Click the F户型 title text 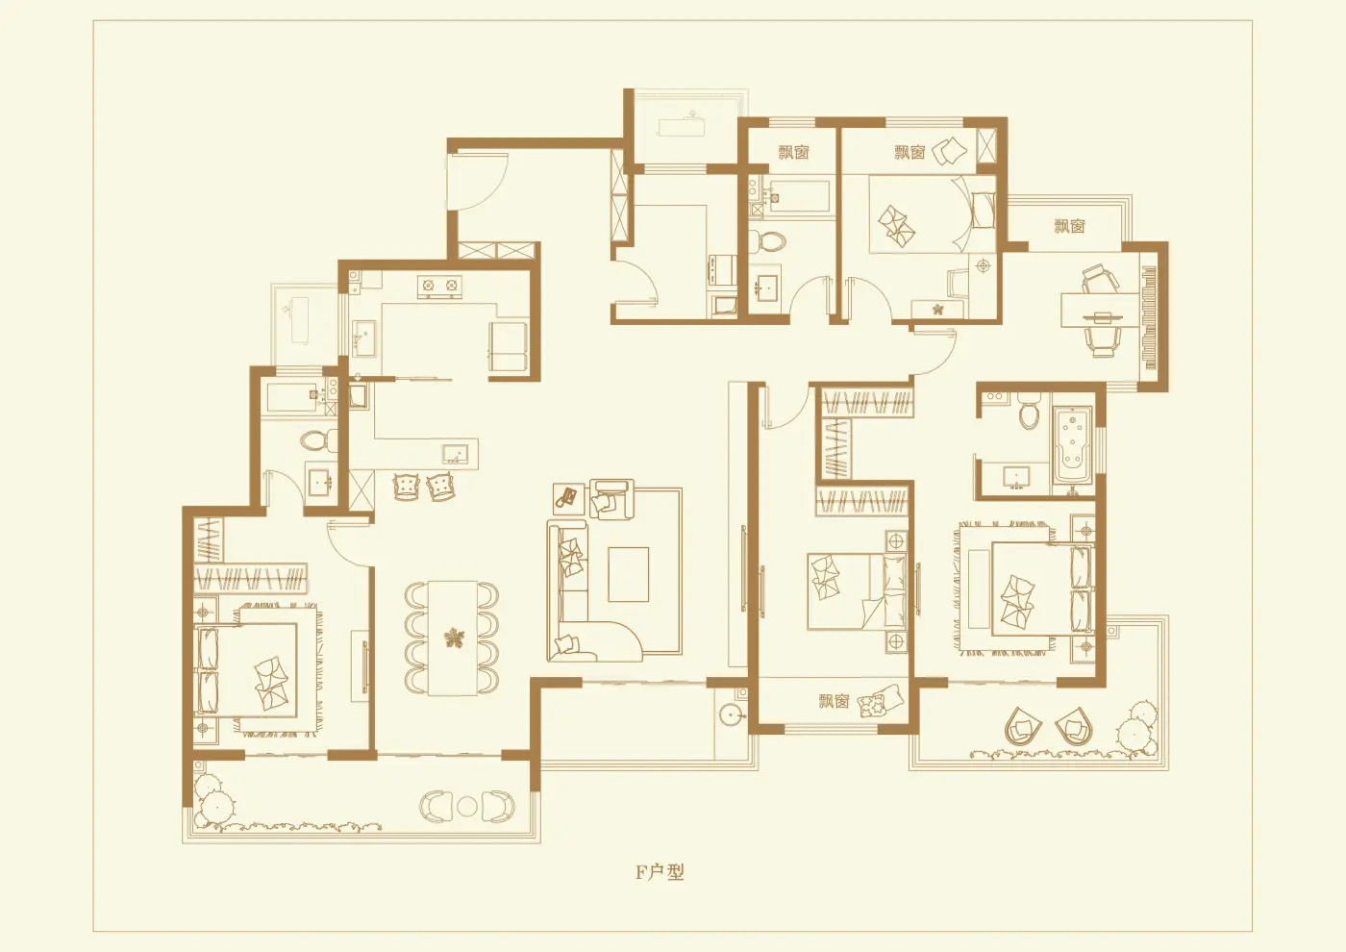[660, 872]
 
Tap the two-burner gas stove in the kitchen [439, 285]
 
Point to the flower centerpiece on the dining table [453, 639]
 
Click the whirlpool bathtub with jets [1072, 445]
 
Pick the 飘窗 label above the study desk [1069, 226]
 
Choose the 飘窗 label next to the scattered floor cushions [833, 701]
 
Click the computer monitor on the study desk [1103, 314]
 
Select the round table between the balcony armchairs [466, 806]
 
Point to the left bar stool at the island [407, 486]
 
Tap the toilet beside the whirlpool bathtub [1029, 411]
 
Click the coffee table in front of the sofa [628, 574]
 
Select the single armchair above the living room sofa [611, 498]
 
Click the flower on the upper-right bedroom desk [936, 310]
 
